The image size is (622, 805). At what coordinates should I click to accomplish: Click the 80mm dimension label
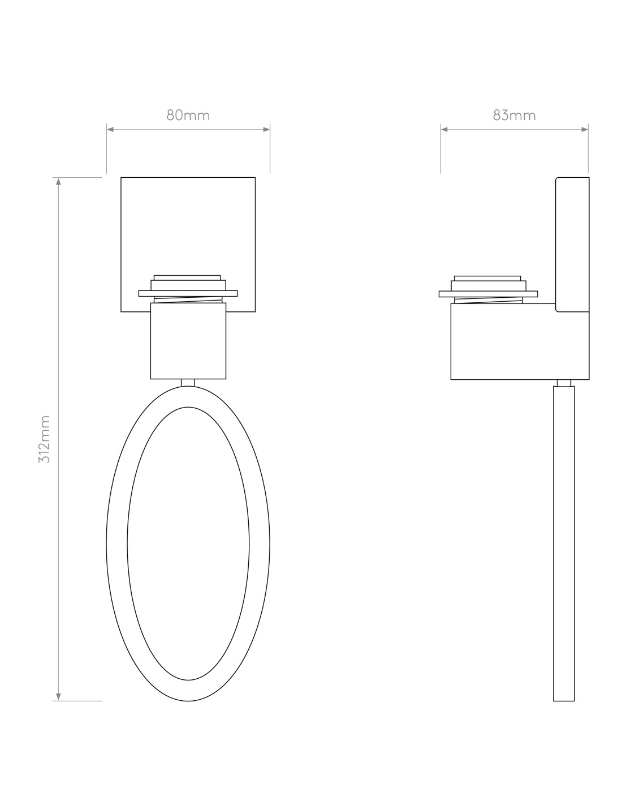(x=188, y=115)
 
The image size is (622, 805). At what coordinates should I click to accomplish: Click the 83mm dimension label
(x=515, y=115)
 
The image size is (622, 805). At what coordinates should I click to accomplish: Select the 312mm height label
(x=45, y=439)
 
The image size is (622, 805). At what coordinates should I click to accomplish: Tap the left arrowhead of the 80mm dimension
(x=110, y=129)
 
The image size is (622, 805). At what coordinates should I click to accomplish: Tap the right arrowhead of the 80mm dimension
(x=266, y=129)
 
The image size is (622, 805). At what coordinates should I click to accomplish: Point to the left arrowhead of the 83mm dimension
(x=444, y=129)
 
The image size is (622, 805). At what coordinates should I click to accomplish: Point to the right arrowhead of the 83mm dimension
(x=585, y=129)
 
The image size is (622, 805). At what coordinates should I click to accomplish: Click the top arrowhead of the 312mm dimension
(x=58, y=182)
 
